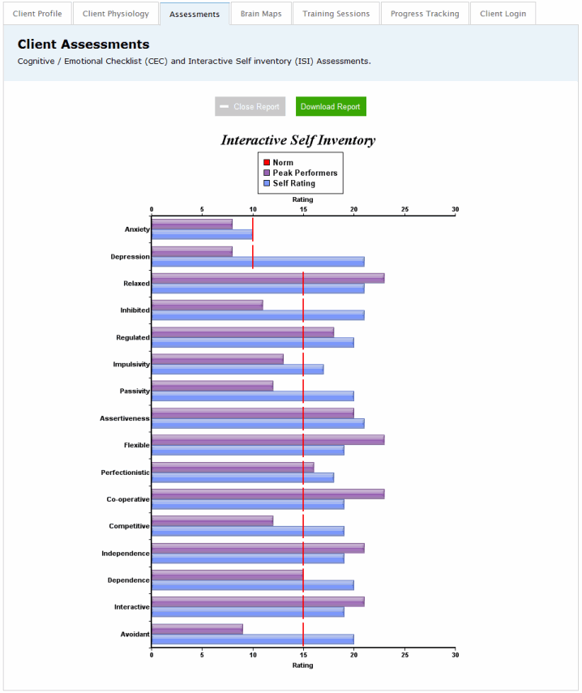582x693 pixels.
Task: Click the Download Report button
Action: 331,107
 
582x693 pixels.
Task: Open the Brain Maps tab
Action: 260,14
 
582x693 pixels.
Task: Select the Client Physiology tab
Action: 116,14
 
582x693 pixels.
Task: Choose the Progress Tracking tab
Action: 425,14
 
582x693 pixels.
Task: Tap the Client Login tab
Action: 503,14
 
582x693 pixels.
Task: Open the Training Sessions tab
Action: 336,14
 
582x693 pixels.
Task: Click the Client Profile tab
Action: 37,14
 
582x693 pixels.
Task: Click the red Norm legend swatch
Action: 267,163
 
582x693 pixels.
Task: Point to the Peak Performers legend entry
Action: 305,173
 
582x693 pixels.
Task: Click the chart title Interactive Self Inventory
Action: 298,140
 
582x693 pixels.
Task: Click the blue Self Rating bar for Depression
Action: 258,262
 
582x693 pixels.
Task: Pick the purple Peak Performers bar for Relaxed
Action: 267,278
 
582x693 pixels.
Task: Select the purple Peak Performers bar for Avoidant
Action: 197,628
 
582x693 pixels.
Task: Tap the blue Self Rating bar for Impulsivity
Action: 238,370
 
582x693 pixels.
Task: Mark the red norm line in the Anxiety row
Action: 253,229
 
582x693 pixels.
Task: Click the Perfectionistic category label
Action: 125,473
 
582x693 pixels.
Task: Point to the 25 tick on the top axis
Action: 404,209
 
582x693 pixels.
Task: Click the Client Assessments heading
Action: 83,45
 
